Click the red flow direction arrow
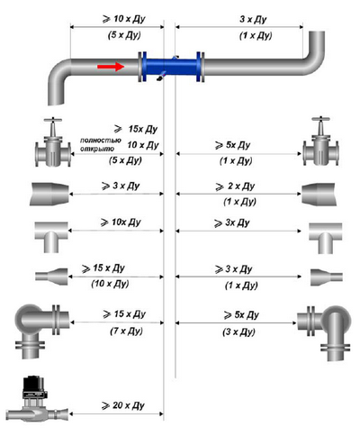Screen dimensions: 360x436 point(111,66)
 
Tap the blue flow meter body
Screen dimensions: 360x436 point(171,68)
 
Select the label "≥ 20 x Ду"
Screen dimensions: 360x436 point(123,405)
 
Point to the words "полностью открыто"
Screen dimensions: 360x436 point(101,144)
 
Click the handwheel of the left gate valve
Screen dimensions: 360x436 point(53,120)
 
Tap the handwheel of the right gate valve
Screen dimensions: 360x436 point(321,119)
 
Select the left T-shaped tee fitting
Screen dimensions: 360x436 point(51,237)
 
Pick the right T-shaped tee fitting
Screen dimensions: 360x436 point(326,238)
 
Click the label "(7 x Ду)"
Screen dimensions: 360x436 point(126,331)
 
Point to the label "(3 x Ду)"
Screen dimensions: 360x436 point(238,332)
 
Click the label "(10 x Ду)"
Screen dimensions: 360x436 point(110,284)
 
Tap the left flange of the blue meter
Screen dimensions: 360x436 point(142,67)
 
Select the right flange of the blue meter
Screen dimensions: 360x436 point(201,67)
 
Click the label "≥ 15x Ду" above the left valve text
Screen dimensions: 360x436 point(136,129)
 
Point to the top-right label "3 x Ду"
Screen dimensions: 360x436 point(253,20)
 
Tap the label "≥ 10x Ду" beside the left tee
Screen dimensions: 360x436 point(121,223)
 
